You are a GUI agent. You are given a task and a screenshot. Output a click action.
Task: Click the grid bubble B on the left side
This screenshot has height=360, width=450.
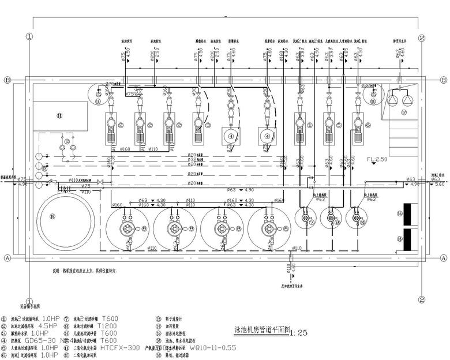(x=7, y=80)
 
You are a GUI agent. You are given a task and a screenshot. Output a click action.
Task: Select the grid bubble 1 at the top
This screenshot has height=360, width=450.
(x=29, y=36)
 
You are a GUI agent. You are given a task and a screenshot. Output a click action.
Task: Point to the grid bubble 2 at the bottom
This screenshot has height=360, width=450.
(x=422, y=300)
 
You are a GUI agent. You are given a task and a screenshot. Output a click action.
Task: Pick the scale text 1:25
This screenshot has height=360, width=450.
(x=300, y=333)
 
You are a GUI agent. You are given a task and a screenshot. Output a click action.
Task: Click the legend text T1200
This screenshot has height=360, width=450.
(x=108, y=325)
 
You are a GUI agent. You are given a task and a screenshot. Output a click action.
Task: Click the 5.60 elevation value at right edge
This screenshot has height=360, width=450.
(x=439, y=185)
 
